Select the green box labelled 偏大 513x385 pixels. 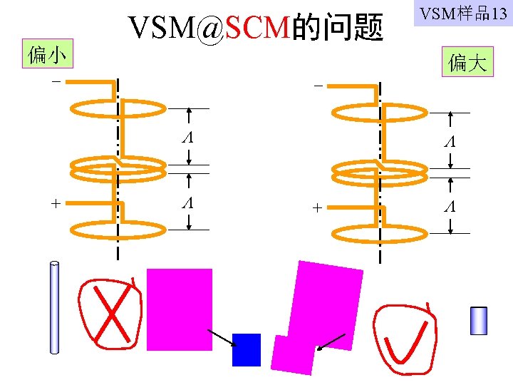click(x=467, y=63)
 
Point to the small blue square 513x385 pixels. click(x=247, y=349)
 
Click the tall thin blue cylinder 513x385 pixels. click(x=54, y=308)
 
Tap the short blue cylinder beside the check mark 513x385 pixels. click(x=478, y=321)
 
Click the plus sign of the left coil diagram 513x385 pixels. click(x=56, y=203)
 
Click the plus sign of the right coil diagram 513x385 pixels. click(x=318, y=207)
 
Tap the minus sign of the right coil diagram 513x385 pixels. click(x=318, y=86)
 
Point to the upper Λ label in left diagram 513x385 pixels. click(x=187, y=137)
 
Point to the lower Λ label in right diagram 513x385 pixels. click(x=449, y=208)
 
